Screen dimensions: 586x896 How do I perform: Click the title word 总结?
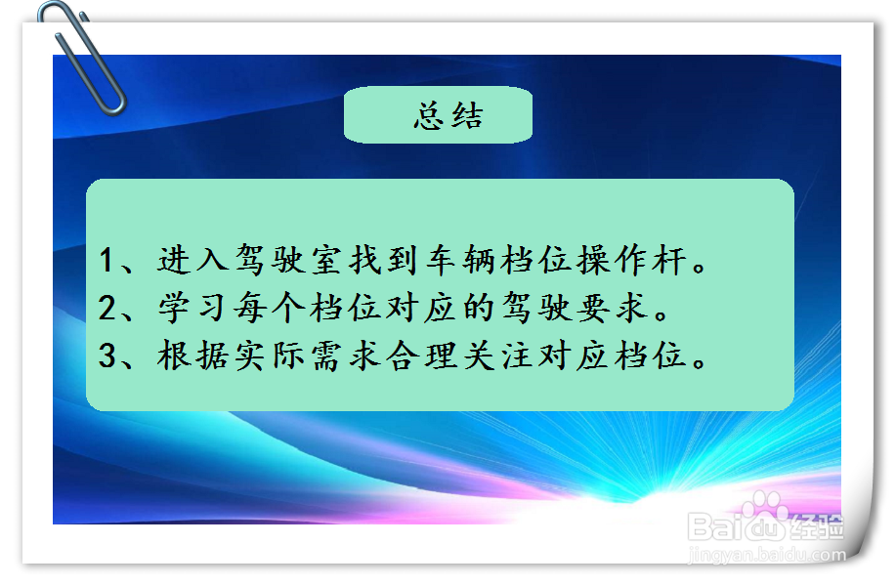[448, 116]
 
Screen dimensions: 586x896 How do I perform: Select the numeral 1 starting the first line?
[108, 262]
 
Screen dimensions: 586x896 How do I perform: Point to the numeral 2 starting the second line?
[108, 309]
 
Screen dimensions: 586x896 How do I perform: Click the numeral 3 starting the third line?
[108, 356]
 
